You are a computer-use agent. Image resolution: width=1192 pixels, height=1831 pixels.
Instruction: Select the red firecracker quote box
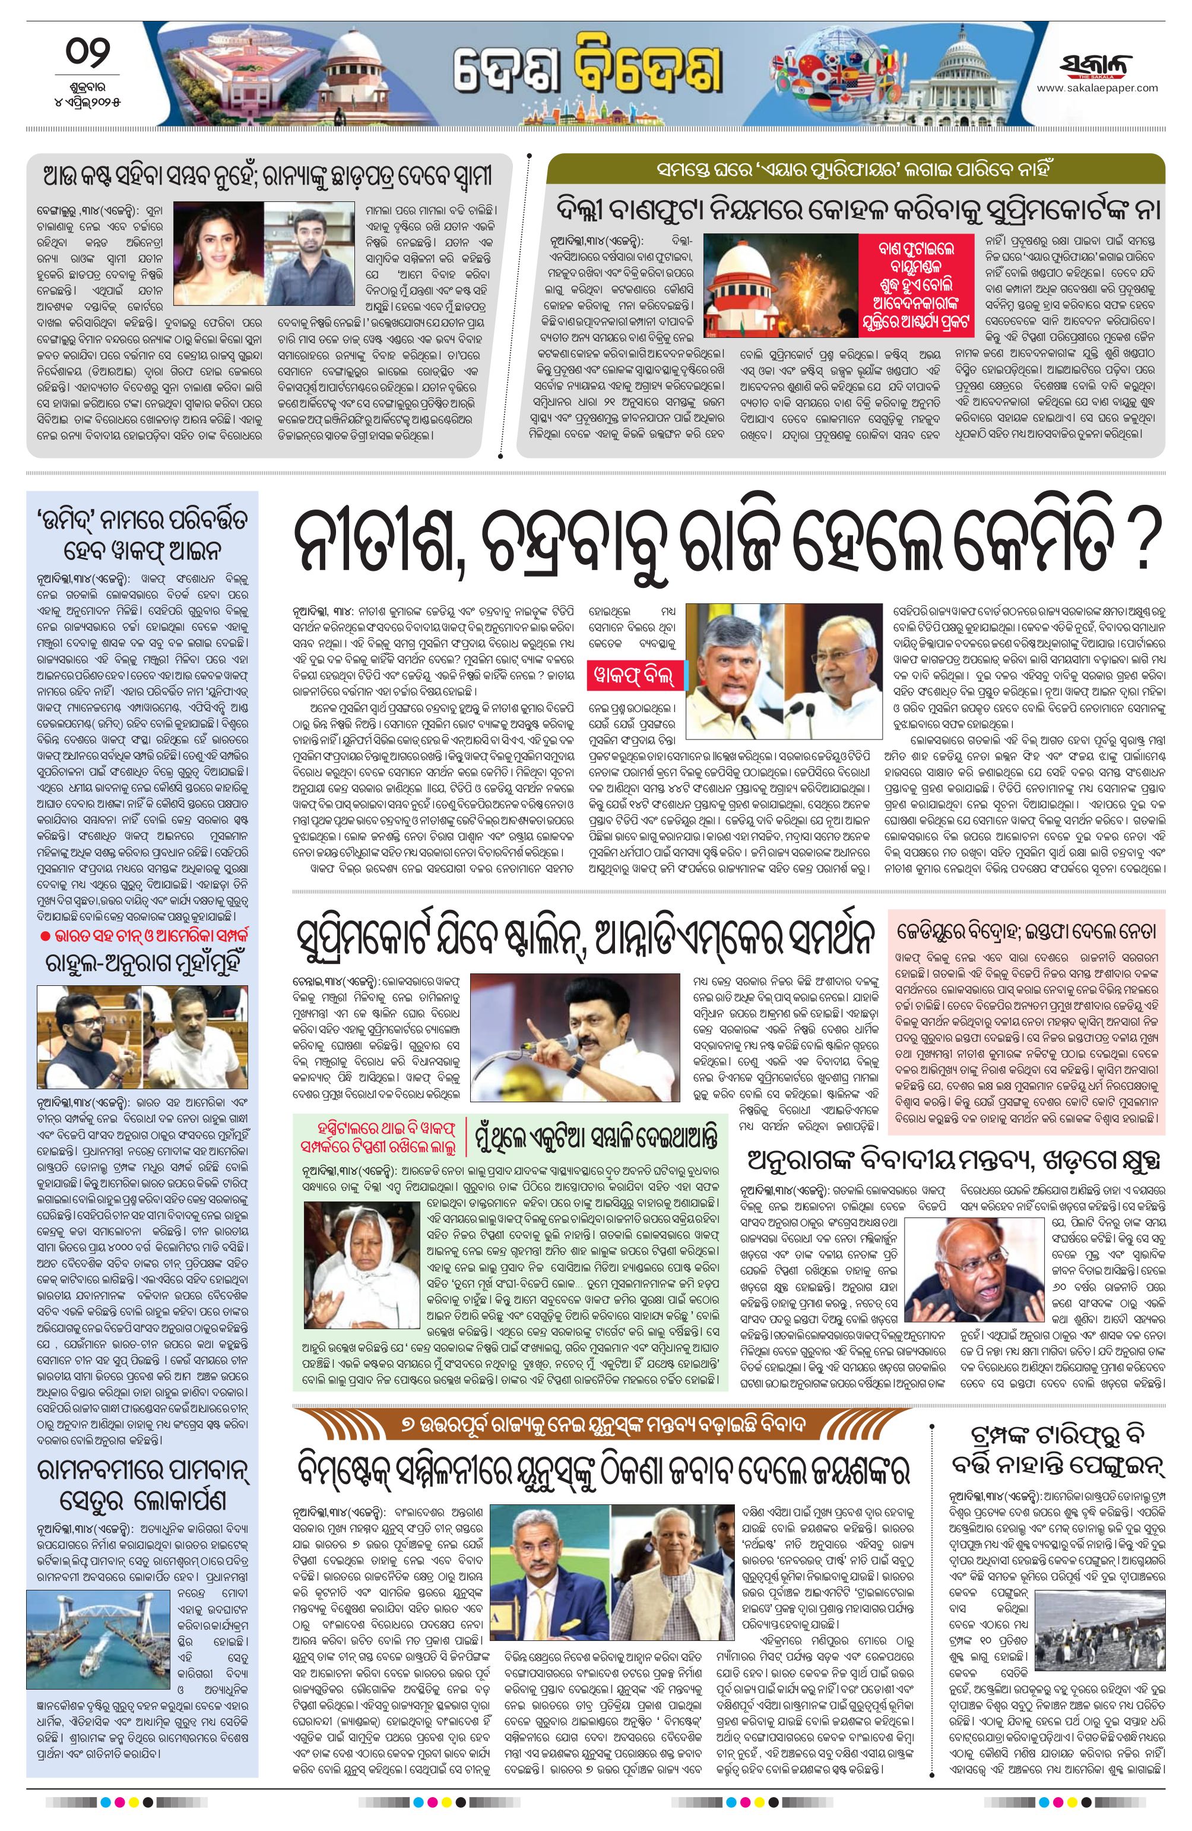pyautogui.click(x=916, y=284)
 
